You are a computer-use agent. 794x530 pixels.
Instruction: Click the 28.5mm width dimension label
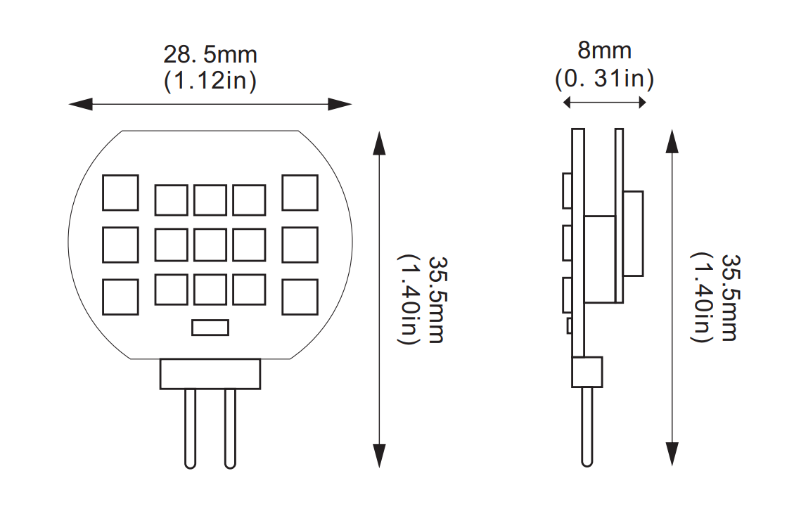point(210,54)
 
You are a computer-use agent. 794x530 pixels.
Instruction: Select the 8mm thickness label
point(604,51)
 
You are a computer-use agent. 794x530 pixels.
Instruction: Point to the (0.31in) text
point(604,78)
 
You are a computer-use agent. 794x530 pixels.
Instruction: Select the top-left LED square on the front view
point(120,193)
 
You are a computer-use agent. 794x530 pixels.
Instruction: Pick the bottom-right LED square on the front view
point(300,297)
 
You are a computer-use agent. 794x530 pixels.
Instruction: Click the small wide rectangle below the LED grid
point(210,328)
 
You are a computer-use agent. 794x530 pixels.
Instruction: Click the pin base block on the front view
point(210,374)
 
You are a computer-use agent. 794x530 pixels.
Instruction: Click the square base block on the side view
point(587,372)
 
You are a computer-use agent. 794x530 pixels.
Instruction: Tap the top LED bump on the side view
point(567,191)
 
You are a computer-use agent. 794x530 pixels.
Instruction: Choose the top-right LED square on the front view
point(300,193)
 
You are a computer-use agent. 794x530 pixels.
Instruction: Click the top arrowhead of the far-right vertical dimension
point(672,143)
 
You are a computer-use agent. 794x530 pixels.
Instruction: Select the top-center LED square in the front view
point(210,200)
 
